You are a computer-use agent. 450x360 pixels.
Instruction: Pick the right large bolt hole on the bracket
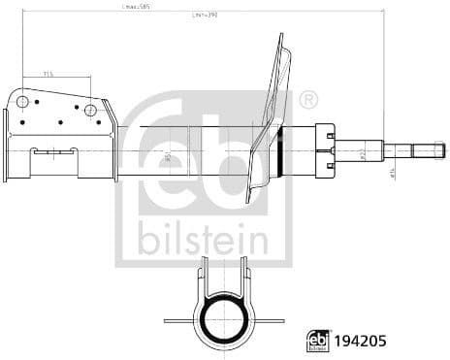point(90,110)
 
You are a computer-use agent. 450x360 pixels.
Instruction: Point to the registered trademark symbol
point(308,99)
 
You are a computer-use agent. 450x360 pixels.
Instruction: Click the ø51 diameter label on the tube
point(167,155)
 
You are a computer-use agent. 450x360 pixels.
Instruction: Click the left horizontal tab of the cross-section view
point(179,321)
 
